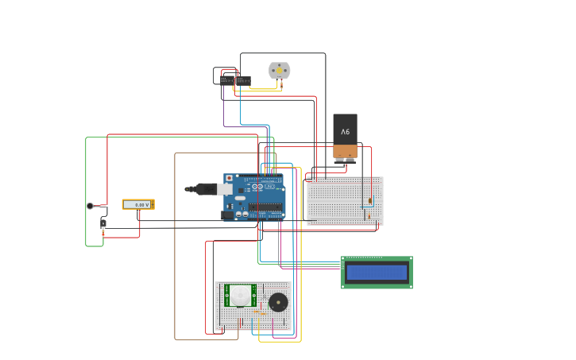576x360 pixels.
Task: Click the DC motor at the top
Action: point(279,71)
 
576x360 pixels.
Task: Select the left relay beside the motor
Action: point(227,79)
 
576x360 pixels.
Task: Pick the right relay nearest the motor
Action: point(243,80)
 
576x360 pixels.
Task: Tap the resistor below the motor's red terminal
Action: point(281,83)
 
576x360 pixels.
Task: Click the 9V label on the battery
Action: point(345,131)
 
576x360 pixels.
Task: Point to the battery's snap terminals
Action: point(345,160)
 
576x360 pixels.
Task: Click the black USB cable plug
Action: point(205,188)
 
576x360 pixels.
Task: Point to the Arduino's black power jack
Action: point(227,215)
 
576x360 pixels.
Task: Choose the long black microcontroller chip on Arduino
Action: point(265,207)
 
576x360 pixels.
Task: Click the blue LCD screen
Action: point(377,273)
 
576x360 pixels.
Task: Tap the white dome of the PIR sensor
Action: point(240,296)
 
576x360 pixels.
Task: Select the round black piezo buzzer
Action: point(278,302)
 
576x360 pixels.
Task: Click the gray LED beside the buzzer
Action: point(261,312)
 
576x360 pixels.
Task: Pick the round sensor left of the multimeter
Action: point(90,206)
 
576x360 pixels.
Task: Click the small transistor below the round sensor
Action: point(102,224)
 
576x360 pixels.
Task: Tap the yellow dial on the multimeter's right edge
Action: point(151,204)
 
